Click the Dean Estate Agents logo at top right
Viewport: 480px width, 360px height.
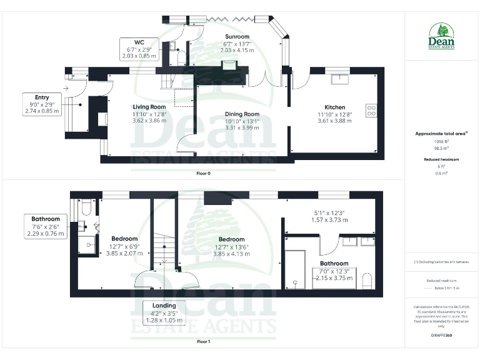click(x=442, y=36)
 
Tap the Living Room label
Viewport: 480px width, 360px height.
click(x=149, y=107)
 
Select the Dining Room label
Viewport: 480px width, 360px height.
click(x=224, y=114)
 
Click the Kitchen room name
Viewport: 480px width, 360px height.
click(x=335, y=107)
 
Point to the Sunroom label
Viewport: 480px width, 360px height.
click(x=237, y=37)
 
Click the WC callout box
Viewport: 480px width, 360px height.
click(x=139, y=49)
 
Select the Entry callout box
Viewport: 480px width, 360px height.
click(x=42, y=104)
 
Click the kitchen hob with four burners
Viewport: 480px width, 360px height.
click(x=371, y=110)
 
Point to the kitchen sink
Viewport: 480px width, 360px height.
click(x=341, y=79)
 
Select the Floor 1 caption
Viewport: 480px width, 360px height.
click(x=203, y=342)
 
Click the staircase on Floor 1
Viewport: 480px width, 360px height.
click(x=164, y=244)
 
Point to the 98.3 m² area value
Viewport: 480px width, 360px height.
click(x=442, y=149)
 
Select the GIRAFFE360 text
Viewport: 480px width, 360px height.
click(x=441, y=336)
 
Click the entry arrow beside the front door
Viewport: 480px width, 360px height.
click(x=66, y=89)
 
